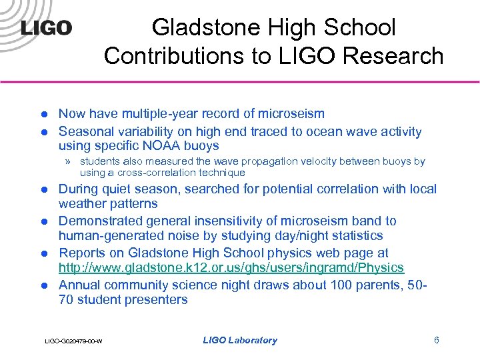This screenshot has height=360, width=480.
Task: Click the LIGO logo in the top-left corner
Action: pyautogui.click(x=46, y=28)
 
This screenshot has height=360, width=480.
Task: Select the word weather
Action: pyautogui.click(x=82, y=203)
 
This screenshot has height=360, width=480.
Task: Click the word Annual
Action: pyautogui.click(x=79, y=285)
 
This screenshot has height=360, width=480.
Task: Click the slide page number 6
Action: pyautogui.click(x=436, y=340)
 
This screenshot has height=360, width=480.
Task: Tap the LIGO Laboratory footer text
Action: pyautogui.click(x=239, y=340)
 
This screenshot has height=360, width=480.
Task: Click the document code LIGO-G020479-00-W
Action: pyautogui.click(x=73, y=341)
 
